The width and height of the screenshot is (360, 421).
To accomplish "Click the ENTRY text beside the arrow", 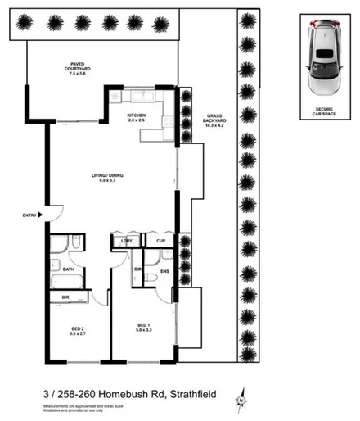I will coord(30,215).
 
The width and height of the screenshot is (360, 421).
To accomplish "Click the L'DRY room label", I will coord(127,241).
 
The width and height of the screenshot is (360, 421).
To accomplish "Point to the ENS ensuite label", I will coord(164,271).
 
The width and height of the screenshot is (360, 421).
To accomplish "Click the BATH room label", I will coord(69,269).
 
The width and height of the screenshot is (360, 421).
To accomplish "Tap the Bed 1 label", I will coord(144,329).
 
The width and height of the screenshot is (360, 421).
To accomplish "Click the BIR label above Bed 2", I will coord(65,297).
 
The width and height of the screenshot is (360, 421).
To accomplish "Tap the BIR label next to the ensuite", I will coord(137,269).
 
